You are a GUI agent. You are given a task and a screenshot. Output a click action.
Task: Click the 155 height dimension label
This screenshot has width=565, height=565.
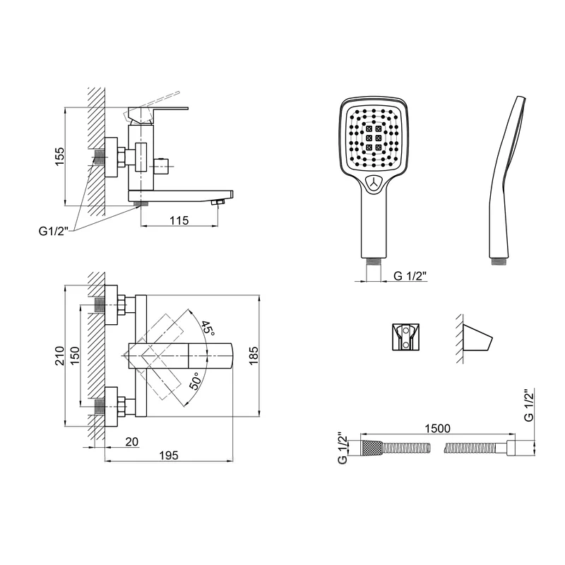click(x=59, y=157)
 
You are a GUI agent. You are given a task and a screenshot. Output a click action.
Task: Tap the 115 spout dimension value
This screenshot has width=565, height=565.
click(x=179, y=220)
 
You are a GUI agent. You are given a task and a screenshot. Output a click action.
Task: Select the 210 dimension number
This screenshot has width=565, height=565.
click(x=59, y=356)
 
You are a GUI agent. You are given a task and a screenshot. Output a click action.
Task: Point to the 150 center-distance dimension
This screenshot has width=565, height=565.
click(x=75, y=356)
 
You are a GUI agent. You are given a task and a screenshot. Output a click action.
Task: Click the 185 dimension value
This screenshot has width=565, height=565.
click(x=254, y=356)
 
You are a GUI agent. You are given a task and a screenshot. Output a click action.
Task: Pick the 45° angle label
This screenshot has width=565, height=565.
click(x=208, y=328)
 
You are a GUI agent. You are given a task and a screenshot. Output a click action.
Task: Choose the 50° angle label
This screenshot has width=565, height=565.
click(x=195, y=381)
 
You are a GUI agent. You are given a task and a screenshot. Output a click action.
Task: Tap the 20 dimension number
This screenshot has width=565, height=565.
click(x=132, y=441)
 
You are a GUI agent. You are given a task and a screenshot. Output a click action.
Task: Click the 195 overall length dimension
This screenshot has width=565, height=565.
click(x=169, y=456)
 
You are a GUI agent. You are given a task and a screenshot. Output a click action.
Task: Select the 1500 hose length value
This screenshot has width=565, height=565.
click(x=437, y=429)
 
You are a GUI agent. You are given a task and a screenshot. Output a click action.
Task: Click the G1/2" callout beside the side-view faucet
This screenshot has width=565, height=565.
click(x=54, y=231)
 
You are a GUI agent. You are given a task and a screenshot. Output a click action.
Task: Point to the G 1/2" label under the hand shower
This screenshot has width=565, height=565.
click(x=410, y=275)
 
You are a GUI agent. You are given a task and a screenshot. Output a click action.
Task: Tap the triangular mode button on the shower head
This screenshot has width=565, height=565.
click(x=374, y=183)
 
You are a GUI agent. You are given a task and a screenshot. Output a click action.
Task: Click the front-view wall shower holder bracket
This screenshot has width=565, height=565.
click(x=405, y=337)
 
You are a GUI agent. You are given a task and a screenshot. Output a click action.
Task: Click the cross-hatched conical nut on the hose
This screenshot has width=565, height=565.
click(x=371, y=448)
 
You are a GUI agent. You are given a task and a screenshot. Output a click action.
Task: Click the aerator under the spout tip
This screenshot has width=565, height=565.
click(x=218, y=204)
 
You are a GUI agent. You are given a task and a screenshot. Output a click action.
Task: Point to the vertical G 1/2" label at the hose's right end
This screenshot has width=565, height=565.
click(x=528, y=405)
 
